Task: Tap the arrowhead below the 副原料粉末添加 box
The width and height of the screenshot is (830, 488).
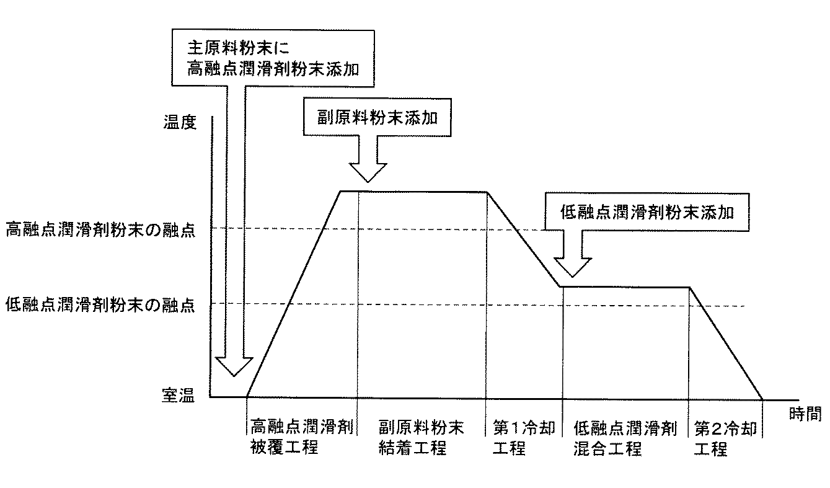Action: [x=368, y=171]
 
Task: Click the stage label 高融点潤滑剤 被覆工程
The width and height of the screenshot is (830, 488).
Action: [x=302, y=437]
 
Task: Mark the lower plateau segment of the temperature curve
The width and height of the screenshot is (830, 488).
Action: [x=626, y=286]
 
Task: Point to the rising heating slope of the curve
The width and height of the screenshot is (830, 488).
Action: [x=294, y=295]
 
